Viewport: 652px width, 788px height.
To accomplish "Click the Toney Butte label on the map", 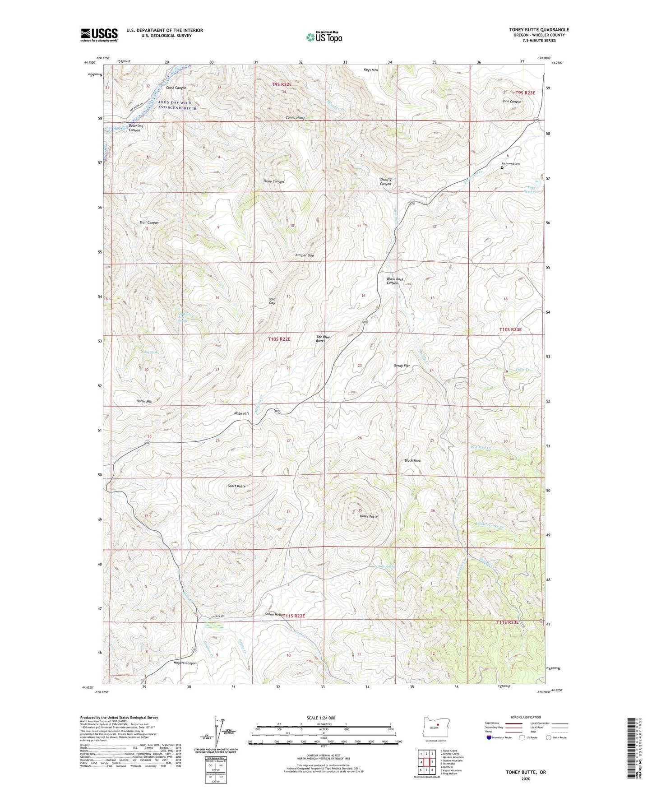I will point(368,516).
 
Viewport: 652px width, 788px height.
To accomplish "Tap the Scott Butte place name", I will point(237,486).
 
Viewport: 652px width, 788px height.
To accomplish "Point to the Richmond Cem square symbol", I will point(502,167).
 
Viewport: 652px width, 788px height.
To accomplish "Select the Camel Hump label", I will point(296,118).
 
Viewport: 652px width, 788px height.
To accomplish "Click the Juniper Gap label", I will point(304,255).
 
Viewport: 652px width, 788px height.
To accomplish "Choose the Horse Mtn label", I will point(144,401).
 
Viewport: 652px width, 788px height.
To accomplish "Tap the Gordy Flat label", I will point(402,366).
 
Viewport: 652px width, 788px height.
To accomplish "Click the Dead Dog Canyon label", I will point(135,128).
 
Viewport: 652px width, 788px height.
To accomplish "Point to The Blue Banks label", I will point(320,339).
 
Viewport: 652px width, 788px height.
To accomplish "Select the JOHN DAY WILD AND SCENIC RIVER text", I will point(177,105).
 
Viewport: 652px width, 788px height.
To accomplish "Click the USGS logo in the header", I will point(99,35).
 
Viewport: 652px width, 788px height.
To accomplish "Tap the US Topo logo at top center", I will point(324,37).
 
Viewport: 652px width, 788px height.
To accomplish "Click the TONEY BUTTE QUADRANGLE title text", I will point(533,30).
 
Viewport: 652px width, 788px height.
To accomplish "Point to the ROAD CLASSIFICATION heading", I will point(526,717).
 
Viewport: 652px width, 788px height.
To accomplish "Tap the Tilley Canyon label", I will point(273,181).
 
